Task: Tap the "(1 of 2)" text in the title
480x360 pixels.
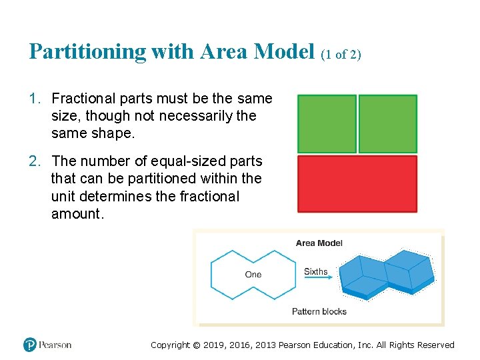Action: coord(341,55)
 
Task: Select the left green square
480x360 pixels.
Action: coord(327,123)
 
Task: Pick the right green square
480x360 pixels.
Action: coord(388,123)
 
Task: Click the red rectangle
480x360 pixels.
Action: coord(357,184)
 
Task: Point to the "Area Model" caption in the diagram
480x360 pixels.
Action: coord(319,243)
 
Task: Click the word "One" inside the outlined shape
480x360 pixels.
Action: coord(253,275)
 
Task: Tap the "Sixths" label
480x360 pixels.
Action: coord(316,271)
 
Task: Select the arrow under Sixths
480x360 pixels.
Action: coord(319,281)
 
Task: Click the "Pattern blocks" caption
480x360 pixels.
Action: coord(319,311)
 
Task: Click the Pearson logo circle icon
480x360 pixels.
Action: coord(29,345)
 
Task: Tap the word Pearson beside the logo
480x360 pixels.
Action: coord(55,345)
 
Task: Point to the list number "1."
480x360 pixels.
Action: coord(34,99)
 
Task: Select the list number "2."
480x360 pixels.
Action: coord(34,161)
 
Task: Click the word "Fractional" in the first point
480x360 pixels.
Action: coord(83,99)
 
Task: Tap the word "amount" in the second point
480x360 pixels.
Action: coord(75,214)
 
